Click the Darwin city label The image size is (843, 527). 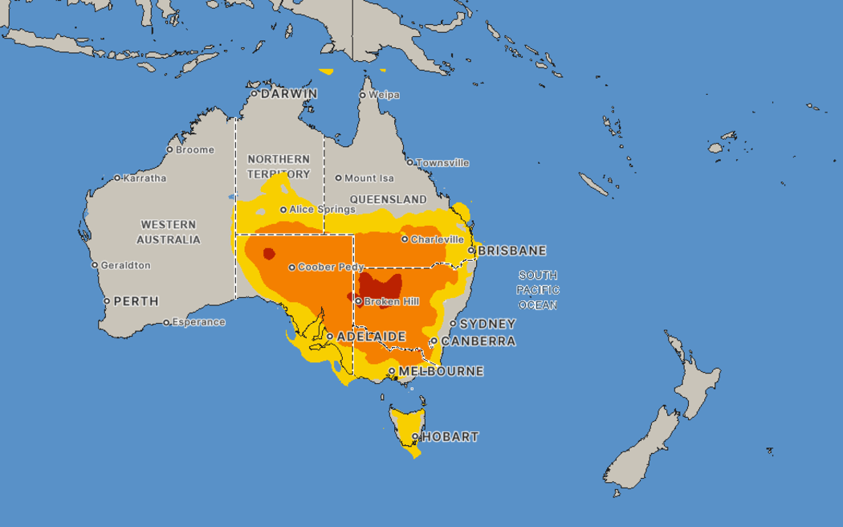click(x=289, y=94)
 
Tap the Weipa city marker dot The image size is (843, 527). click(x=362, y=95)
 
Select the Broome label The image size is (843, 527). click(x=195, y=149)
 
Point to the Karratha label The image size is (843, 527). click(x=145, y=178)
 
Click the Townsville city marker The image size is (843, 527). click(x=410, y=162)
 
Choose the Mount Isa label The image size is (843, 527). click(x=369, y=178)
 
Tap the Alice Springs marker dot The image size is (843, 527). click(x=283, y=210)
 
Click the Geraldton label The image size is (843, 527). click(x=125, y=265)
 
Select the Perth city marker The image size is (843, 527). click(x=107, y=301)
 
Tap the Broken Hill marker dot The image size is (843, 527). click(x=358, y=302)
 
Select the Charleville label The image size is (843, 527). click(x=437, y=239)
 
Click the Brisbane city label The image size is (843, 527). click(x=511, y=251)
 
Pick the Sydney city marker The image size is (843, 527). click(x=453, y=324)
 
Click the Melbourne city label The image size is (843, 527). click(x=441, y=371)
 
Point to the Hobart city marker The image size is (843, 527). click(x=415, y=437)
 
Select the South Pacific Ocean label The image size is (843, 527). click(x=538, y=290)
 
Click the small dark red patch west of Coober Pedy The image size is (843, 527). click(x=269, y=254)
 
